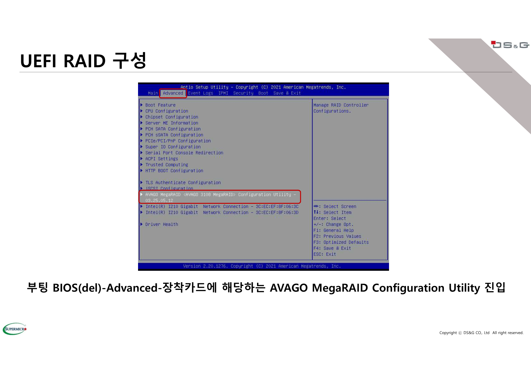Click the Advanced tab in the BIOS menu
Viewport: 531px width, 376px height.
click(x=173, y=93)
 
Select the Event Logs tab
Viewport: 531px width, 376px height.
click(x=200, y=93)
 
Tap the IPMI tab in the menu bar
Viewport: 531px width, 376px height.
click(x=223, y=93)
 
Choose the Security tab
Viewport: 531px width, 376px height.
click(x=243, y=93)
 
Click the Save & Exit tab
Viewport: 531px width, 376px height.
click(x=287, y=93)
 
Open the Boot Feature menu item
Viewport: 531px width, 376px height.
click(x=160, y=105)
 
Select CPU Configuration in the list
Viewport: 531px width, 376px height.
click(x=167, y=111)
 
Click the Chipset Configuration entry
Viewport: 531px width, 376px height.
click(x=172, y=117)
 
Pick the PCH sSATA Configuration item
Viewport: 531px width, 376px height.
click(x=174, y=135)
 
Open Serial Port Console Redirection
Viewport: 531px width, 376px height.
click(x=184, y=153)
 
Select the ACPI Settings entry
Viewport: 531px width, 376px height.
click(x=162, y=159)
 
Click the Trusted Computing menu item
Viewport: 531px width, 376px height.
click(x=167, y=165)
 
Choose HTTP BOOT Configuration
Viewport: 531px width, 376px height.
click(x=174, y=171)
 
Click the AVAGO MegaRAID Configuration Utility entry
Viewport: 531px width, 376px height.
click(x=221, y=197)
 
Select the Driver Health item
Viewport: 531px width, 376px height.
click(x=162, y=224)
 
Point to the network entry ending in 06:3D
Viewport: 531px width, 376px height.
click(x=222, y=213)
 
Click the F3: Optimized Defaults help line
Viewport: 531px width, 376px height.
click(x=341, y=242)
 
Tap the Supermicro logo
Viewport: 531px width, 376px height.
click(x=15, y=329)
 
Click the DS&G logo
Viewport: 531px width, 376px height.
click(x=510, y=45)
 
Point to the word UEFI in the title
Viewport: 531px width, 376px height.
click(x=38, y=61)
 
